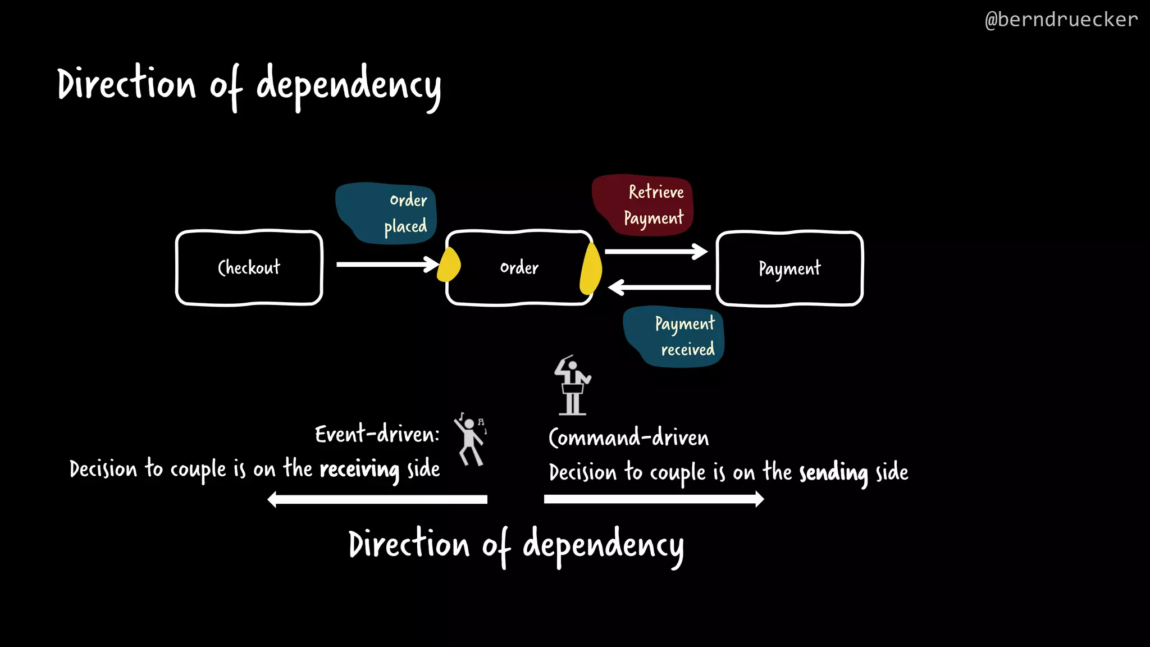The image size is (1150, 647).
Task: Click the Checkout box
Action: pyautogui.click(x=249, y=268)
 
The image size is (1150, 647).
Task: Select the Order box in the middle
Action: pyautogui.click(x=519, y=268)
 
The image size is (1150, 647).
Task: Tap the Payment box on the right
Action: pyautogui.click(x=790, y=268)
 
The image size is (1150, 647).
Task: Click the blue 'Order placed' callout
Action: pyautogui.click(x=386, y=213)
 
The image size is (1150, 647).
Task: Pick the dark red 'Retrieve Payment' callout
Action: pyautogui.click(x=643, y=204)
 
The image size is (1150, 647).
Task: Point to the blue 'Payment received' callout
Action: pyautogui.click(x=674, y=336)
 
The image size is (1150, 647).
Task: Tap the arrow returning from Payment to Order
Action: pyautogui.click(x=659, y=288)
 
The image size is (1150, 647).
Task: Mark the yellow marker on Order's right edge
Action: pyautogui.click(x=590, y=269)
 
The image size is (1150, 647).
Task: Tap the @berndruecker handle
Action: pyautogui.click(x=1061, y=20)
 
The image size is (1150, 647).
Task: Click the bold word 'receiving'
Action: pyautogui.click(x=359, y=469)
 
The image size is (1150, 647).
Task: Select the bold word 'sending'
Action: pyautogui.click(x=833, y=473)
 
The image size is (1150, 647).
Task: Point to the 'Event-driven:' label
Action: pyautogui.click(x=377, y=434)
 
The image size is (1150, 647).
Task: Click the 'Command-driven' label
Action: pyautogui.click(x=628, y=438)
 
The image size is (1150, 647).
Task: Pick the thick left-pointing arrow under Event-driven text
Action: pyautogui.click(x=377, y=499)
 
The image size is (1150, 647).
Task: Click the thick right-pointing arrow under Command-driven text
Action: pyautogui.click(x=654, y=499)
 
